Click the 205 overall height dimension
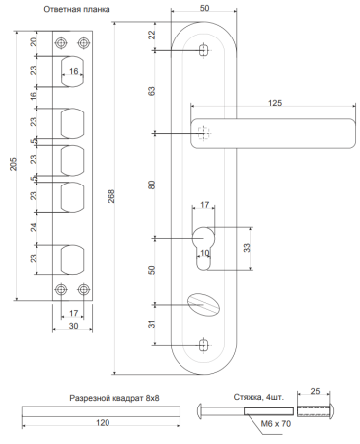pyautogui.click(x=13, y=164)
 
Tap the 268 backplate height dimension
pyautogui.click(x=111, y=196)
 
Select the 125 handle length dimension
pyautogui.click(x=275, y=103)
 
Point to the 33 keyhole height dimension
pyautogui.click(x=247, y=248)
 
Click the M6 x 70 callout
pyautogui.click(x=276, y=424)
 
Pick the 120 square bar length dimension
pyautogui.click(x=103, y=423)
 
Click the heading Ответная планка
pyautogui.click(x=77, y=9)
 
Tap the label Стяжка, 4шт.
pyautogui.click(x=258, y=397)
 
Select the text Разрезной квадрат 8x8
pyautogui.click(x=114, y=398)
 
